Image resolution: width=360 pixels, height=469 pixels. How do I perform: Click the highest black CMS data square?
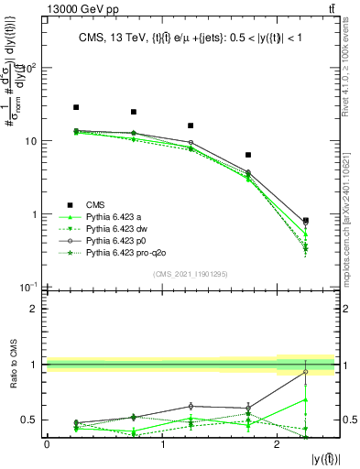point(76,107)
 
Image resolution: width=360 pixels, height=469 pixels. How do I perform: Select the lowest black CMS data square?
point(305,221)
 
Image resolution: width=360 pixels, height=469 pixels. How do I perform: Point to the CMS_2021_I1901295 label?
point(191,274)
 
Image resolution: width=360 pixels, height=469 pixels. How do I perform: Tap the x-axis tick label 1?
point(162,444)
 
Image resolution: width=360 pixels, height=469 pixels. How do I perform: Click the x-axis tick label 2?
point(278,444)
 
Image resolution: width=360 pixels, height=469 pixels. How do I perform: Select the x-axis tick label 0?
point(47,444)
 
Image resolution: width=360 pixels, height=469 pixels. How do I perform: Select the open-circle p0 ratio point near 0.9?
point(305,371)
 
